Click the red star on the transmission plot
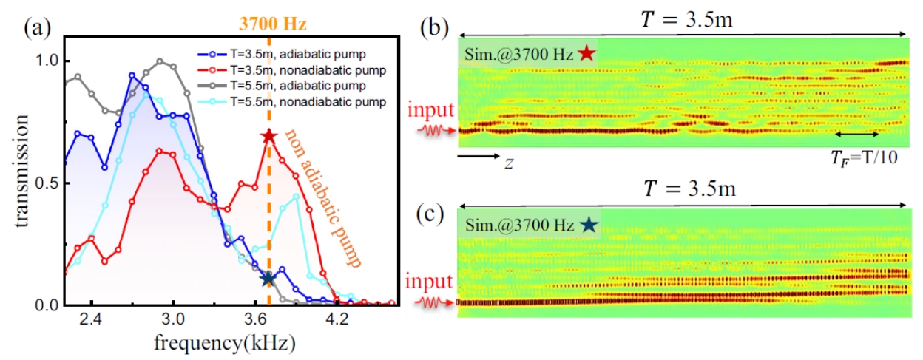pyautogui.click(x=268, y=137)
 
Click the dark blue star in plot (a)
pyautogui.click(x=268, y=279)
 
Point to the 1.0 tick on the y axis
pyautogui.click(x=50, y=61)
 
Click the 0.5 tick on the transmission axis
pyautogui.click(x=50, y=183)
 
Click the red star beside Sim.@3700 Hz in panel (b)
pyautogui.click(x=586, y=53)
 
